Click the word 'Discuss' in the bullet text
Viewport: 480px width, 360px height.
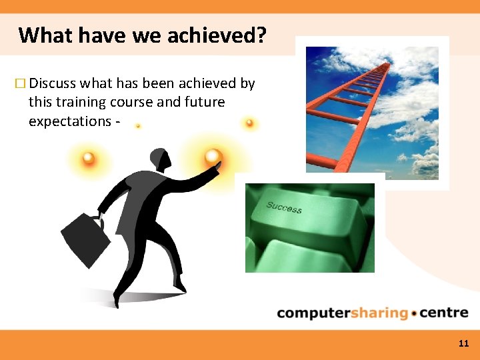pos(53,83)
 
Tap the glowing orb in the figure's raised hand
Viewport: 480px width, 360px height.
pos(213,157)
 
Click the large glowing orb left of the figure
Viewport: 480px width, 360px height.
pos(88,159)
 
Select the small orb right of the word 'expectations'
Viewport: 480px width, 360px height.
pos(138,125)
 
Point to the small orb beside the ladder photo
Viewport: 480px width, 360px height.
pos(249,123)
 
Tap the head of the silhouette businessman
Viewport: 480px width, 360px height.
pos(159,159)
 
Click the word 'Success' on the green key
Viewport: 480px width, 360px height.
pos(284,207)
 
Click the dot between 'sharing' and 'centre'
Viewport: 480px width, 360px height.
pos(415,313)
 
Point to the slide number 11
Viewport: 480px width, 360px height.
pos(464,343)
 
